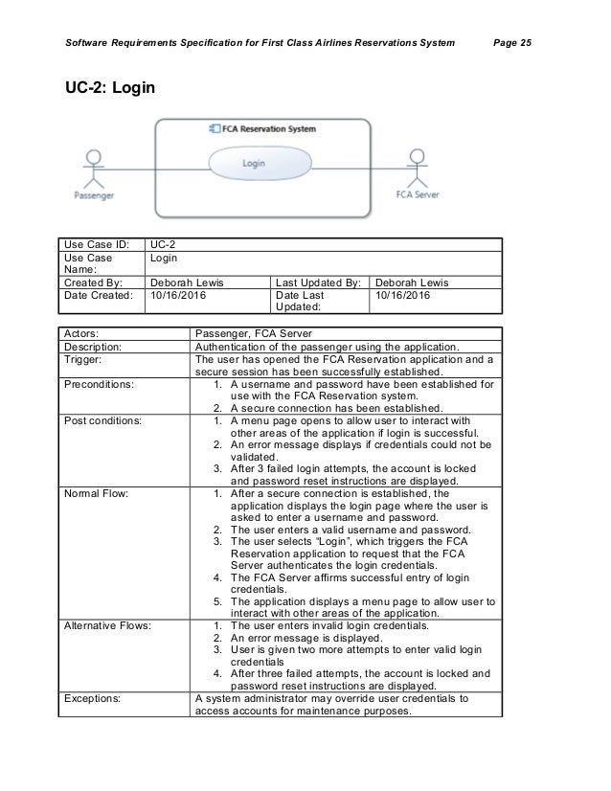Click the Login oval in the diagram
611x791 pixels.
(x=253, y=164)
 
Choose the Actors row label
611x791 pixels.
(x=86, y=334)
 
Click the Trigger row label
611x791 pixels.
(x=84, y=359)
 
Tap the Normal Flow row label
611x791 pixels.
(x=97, y=494)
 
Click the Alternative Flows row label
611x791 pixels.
(x=107, y=625)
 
